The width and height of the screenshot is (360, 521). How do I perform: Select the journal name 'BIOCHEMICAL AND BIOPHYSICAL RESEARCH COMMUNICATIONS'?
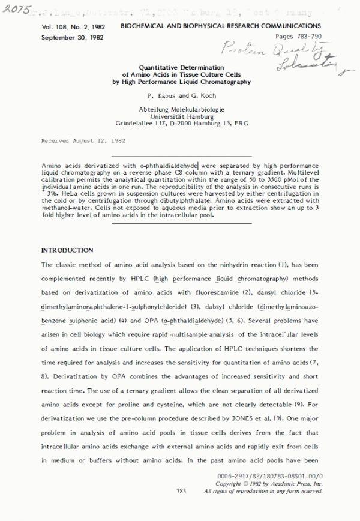(x=220, y=27)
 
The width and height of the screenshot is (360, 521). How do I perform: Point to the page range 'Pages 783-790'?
(x=294, y=37)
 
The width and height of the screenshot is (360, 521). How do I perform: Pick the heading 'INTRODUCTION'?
(x=67, y=250)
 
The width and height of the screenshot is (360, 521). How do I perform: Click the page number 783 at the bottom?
(x=182, y=490)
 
